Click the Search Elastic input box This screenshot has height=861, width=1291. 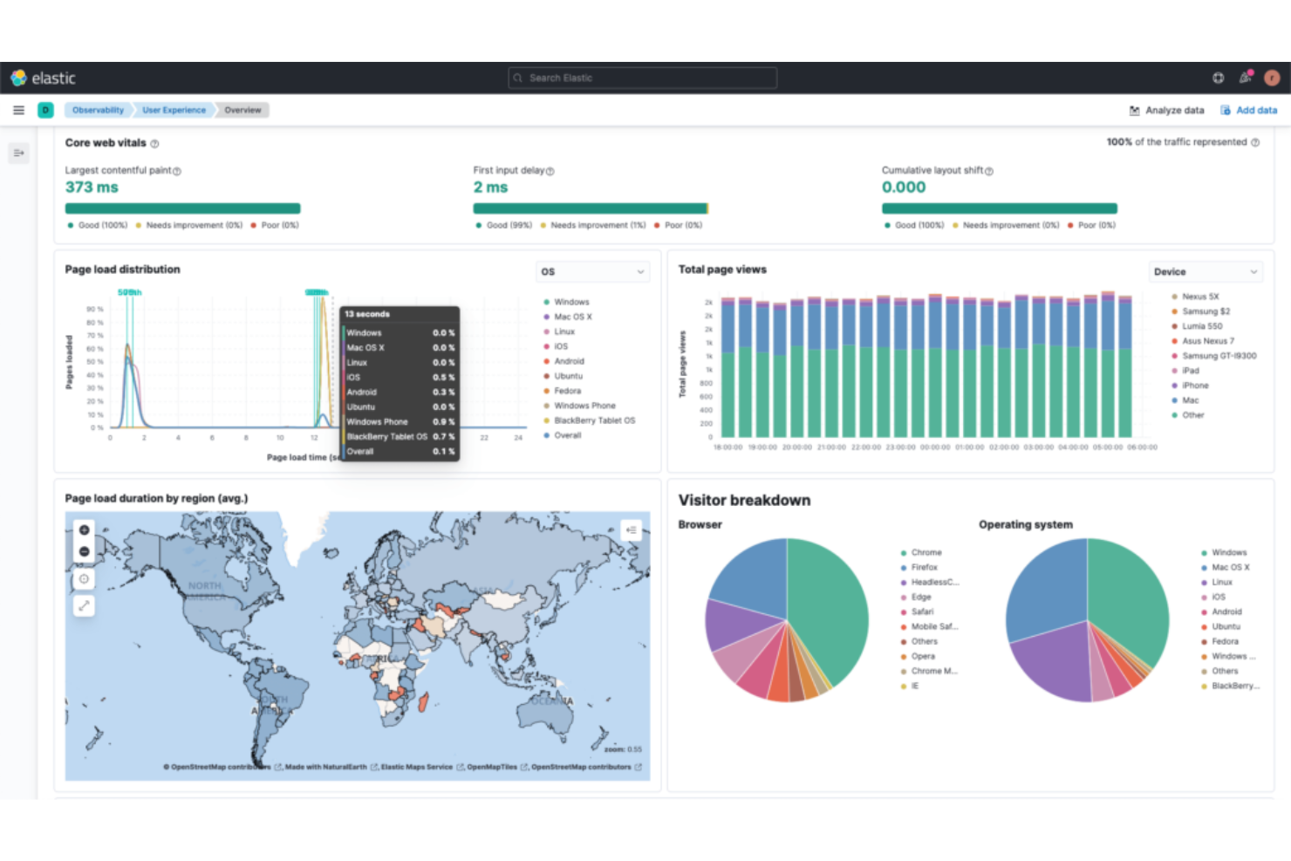pos(642,78)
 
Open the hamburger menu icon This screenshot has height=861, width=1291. pos(18,110)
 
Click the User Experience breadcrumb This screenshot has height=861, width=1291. pos(174,110)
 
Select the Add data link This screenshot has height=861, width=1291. pos(1249,110)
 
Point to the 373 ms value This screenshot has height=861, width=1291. pos(92,187)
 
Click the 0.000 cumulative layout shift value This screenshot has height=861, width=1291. pos(904,187)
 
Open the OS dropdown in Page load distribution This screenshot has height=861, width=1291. pos(592,271)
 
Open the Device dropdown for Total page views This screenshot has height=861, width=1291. pos(1206,271)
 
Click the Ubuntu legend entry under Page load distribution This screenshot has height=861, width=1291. pos(568,376)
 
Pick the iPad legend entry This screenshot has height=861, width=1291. pos(1190,371)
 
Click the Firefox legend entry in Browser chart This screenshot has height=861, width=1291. pos(924,567)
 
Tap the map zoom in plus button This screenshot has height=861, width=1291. pos(84,530)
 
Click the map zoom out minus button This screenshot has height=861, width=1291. pos(84,551)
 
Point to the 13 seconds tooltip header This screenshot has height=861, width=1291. pos(367,314)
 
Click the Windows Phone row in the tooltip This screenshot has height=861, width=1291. pos(378,421)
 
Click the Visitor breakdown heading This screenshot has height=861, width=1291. pos(744,500)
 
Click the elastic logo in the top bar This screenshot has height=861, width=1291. pos(44,78)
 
